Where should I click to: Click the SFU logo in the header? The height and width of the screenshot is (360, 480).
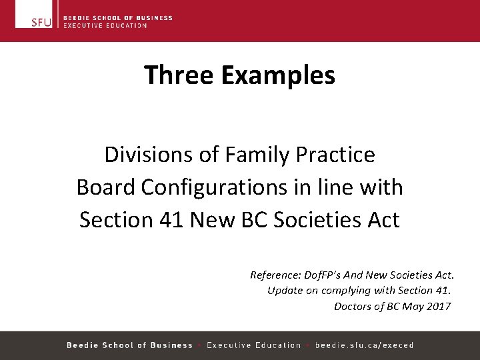[x=41, y=21]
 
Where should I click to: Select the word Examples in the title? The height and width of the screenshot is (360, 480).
[x=278, y=75]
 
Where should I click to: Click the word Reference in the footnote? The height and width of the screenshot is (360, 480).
[x=273, y=275]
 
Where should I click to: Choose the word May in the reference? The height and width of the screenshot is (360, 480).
[x=413, y=306]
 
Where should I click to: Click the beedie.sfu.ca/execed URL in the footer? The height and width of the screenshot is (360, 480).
[x=364, y=345]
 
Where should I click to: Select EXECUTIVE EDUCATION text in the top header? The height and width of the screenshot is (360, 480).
[x=105, y=25]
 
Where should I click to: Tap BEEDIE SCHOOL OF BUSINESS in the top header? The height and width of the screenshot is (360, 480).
[x=117, y=18]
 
